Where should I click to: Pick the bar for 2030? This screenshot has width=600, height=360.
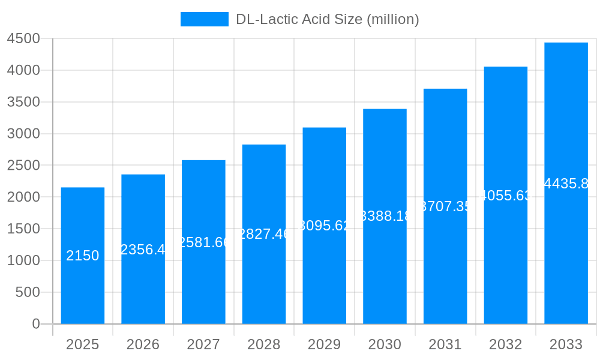click(385, 270)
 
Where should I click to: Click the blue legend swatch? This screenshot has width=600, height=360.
click(204, 19)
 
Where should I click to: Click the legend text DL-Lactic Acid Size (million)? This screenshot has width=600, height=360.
click(327, 19)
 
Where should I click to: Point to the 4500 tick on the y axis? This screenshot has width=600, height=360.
click(23, 39)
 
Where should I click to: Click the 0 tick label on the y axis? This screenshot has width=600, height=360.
click(35, 324)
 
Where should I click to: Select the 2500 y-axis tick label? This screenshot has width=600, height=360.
click(23, 166)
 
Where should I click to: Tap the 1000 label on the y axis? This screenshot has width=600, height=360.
click(23, 260)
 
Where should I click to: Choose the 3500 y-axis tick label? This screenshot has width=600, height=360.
click(23, 102)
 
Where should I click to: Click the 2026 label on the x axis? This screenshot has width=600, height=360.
click(143, 344)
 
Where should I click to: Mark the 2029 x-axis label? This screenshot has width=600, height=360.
click(324, 344)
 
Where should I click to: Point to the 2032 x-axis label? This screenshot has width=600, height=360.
click(505, 344)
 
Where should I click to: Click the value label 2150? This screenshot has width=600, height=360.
click(83, 256)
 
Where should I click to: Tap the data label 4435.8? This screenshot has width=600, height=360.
click(566, 184)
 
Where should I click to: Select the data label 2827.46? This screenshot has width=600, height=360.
click(264, 234)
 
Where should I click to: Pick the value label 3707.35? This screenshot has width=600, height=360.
click(445, 206)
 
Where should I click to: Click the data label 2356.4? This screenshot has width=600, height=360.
click(143, 250)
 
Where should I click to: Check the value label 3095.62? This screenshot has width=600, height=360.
click(324, 226)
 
